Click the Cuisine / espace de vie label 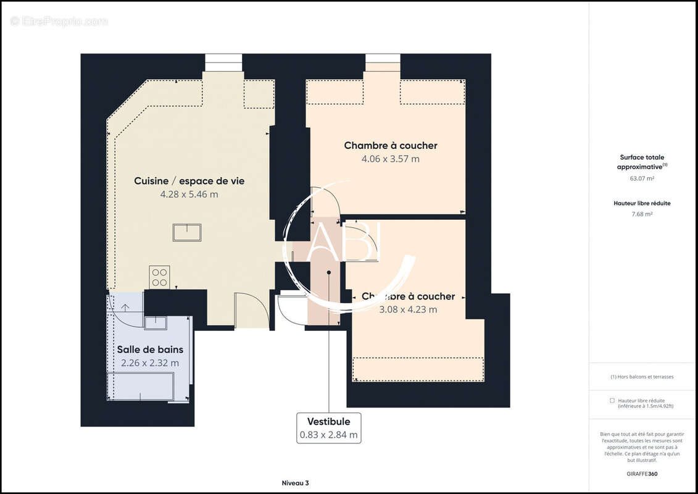tap(189, 181)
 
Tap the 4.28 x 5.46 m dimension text tap(189, 195)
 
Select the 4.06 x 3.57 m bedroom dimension tap(390, 159)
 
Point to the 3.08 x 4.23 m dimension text tap(408, 309)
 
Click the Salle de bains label tap(150, 350)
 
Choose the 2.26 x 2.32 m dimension tap(150, 363)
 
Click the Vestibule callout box tap(328, 427)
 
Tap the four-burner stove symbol tap(159, 277)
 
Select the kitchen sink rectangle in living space tap(187, 232)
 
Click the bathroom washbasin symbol tap(156, 323)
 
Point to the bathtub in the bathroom tap(140, 386)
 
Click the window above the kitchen tap(223, 62)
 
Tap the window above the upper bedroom tap(383, 62)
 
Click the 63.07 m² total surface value tap(642, 178)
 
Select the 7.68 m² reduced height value tap(642, 214)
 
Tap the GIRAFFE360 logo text tap(642, 474)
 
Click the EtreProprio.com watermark tap(59, 21)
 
